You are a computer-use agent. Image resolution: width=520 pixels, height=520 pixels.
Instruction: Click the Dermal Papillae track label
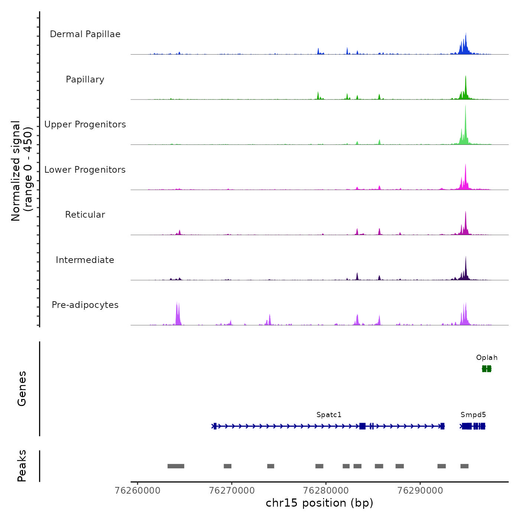85,34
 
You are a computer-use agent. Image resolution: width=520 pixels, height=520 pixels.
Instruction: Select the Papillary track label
85,79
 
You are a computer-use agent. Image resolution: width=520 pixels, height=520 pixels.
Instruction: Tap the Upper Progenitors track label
85,124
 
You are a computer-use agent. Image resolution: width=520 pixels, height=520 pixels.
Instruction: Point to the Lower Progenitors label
85,170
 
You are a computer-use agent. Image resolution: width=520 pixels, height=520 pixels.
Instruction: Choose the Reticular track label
85,215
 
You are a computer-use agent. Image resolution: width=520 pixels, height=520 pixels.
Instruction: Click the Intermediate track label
85,260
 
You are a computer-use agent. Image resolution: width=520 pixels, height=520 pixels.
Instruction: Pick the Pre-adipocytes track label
85,305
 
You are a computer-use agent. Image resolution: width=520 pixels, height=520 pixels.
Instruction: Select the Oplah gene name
487,358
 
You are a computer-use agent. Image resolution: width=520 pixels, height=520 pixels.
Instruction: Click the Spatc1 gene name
329,415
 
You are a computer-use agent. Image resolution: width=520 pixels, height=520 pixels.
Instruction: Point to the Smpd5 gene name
473,415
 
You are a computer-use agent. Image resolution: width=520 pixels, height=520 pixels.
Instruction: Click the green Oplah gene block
487,368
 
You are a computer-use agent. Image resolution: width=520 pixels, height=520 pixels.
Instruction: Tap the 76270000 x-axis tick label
232,491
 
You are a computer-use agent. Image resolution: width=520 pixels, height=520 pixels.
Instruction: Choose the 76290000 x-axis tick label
420,491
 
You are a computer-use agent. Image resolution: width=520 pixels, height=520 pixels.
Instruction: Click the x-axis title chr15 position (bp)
319,503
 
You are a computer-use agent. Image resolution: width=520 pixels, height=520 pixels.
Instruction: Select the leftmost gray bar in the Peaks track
176,466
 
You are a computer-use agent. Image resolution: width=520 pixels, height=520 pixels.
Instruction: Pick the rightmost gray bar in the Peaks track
464,466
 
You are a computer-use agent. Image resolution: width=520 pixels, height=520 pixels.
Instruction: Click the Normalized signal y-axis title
22,171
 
